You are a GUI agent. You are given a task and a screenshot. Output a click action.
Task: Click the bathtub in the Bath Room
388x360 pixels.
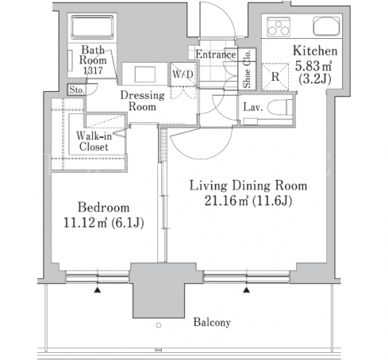click(92, 27)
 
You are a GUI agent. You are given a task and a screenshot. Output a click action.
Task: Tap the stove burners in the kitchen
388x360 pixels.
click(279, 26)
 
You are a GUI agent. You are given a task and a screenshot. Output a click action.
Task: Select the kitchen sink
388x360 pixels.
click(326, 26)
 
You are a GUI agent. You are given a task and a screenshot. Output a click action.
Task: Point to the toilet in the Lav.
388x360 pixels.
click(280, 107)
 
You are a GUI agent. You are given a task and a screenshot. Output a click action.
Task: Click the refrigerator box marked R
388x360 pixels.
click(275, 77)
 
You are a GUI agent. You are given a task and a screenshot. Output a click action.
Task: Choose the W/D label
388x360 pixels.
click(182, 75)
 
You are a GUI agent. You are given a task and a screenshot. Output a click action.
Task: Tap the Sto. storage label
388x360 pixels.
click(76, 90)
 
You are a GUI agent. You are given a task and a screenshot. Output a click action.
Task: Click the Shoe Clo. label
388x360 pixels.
click(247, 69)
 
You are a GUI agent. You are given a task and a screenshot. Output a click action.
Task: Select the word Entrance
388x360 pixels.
click(216, 55)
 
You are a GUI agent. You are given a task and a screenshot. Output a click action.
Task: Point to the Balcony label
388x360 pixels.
click(212, 322)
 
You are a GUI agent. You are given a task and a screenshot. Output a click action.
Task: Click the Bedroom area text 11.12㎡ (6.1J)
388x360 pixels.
click(104, 223)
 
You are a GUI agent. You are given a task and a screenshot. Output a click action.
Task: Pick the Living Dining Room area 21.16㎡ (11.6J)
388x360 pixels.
click(248, 201)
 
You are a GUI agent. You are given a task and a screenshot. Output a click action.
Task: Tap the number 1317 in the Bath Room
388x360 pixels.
click(93, 71)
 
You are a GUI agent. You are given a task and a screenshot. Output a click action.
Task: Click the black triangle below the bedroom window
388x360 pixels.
click(98, 290)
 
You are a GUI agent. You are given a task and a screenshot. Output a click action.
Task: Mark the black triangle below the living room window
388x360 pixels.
click(247, 290)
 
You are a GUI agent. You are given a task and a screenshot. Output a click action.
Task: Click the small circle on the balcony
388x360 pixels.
click(159, 325)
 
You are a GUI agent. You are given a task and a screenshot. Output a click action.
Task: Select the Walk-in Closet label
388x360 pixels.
click(94, 141)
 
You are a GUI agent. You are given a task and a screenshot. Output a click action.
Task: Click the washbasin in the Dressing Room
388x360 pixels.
click(145, 75)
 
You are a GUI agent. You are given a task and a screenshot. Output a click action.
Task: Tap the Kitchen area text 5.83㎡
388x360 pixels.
click(313, 66)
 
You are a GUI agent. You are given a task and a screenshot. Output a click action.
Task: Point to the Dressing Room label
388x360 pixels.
click(142, 101)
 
